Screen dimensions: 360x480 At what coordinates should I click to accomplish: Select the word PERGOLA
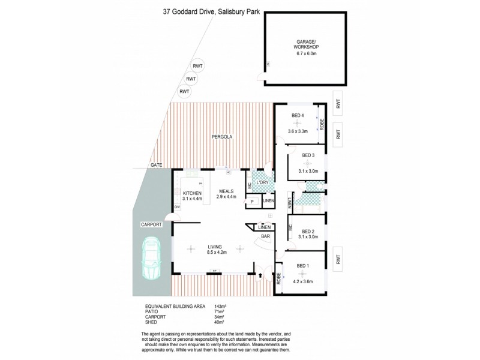tap(221, 137)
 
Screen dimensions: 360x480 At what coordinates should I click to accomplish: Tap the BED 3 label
tap(308, 155)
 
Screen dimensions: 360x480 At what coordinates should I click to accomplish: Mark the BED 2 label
tap(308, 231)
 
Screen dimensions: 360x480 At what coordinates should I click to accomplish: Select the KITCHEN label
tap(192, 193)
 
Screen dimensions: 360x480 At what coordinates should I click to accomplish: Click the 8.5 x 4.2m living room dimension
tap(215, 253)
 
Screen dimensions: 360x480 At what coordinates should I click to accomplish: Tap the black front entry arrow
tap(261, 277)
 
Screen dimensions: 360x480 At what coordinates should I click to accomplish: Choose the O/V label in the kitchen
tap(178, 208)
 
